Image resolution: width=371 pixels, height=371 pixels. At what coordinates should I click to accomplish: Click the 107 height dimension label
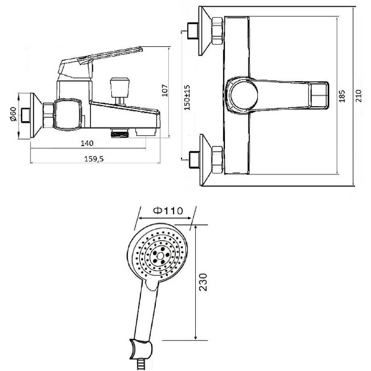pyautogui.click(x=165, y=90)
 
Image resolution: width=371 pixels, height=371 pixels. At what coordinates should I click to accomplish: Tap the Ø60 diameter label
pyautogui.click(x=13, y=114)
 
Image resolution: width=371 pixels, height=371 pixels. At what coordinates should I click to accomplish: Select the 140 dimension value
pyautogui.click(x=87, y=143)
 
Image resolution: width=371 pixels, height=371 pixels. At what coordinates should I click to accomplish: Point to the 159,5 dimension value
pyautogui.click(x=94, y=159)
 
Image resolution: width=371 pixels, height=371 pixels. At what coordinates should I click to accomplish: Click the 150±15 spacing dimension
pyautogui.click(x=187, y=97)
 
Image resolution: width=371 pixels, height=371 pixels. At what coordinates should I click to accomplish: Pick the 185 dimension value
pyautogui.click(x=342, y=96)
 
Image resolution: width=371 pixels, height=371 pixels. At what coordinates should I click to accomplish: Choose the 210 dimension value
pyautogui.click(x=358, y=96)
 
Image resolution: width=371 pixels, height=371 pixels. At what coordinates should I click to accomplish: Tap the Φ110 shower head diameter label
pyautogui.click(x=168, y=211)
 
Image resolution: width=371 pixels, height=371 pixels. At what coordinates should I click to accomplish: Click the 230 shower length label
pyautogui.click(x=203, y=282)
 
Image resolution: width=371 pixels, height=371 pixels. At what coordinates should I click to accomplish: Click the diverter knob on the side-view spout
pyautogui.click(x=120, y=87)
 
